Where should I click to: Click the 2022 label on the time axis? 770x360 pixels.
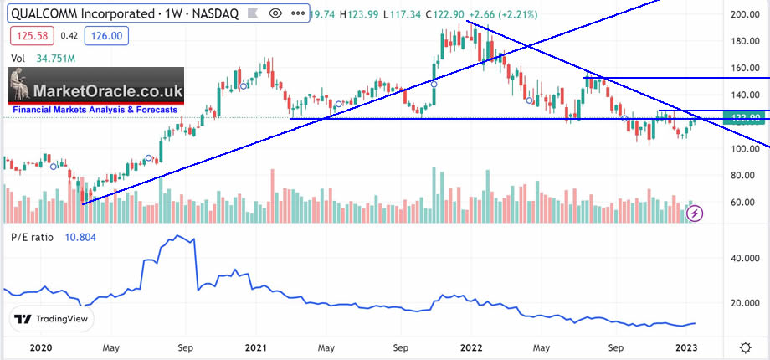pyautogui.click(x=470, y=346)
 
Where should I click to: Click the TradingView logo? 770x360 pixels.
pyautogui.click(x=54, y=319)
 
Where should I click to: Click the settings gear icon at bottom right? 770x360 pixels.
pyautogui.click(x=745, y=347)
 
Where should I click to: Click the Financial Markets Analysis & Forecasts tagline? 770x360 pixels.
pyautogui.click(x=95, y=110)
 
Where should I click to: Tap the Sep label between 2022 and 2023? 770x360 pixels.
pyautogui.click(x=616, y=346)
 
